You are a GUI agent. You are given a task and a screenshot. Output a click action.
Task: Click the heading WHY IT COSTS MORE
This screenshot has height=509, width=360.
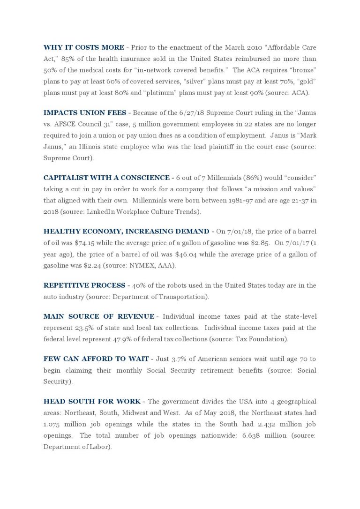[83, 47]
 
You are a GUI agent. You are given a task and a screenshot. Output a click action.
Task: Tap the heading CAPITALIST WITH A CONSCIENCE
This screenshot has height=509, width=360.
[106, 178]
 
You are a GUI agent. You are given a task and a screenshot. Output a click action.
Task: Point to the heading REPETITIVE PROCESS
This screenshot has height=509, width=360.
[84, 285]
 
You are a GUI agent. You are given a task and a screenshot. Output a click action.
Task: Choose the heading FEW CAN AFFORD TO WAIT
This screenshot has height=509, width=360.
[96, 359]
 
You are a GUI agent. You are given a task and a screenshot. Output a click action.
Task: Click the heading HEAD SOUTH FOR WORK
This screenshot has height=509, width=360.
[92, 402]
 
